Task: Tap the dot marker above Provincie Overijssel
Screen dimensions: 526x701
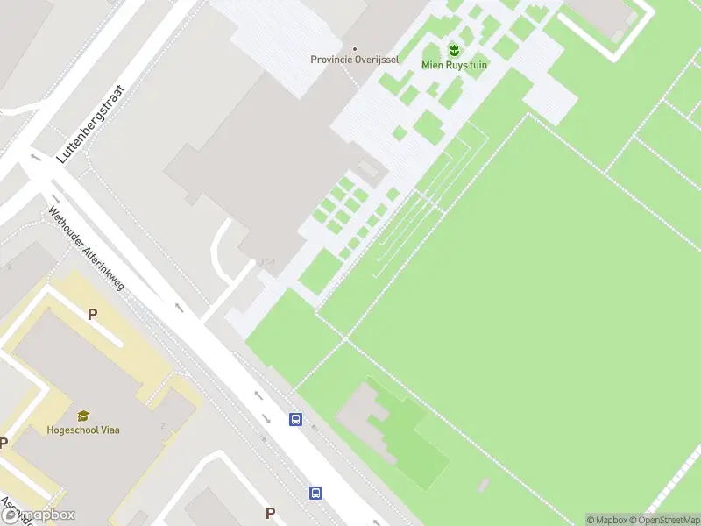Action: (355, 48)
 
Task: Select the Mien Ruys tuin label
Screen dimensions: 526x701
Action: (454, 65)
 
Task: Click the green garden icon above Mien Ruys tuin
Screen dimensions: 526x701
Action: (454, 49)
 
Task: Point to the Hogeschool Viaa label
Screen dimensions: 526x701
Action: (83, 430)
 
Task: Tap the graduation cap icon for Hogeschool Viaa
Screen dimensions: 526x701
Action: (83, 416)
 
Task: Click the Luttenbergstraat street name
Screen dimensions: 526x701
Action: (91, 124)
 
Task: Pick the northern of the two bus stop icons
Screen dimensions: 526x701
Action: (296, 420)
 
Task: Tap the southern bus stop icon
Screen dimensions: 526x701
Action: (315, 494)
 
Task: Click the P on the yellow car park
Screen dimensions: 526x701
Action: (91, 314)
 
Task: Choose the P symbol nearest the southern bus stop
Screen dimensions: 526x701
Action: (271, 513)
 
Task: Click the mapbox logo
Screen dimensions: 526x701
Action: (39, 515)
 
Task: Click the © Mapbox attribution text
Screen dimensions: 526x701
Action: (606, 520)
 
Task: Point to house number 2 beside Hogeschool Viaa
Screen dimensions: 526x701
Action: (163, 426)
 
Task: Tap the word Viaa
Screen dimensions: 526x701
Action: (110, 430)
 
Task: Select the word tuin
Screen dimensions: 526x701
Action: (477, 65)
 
